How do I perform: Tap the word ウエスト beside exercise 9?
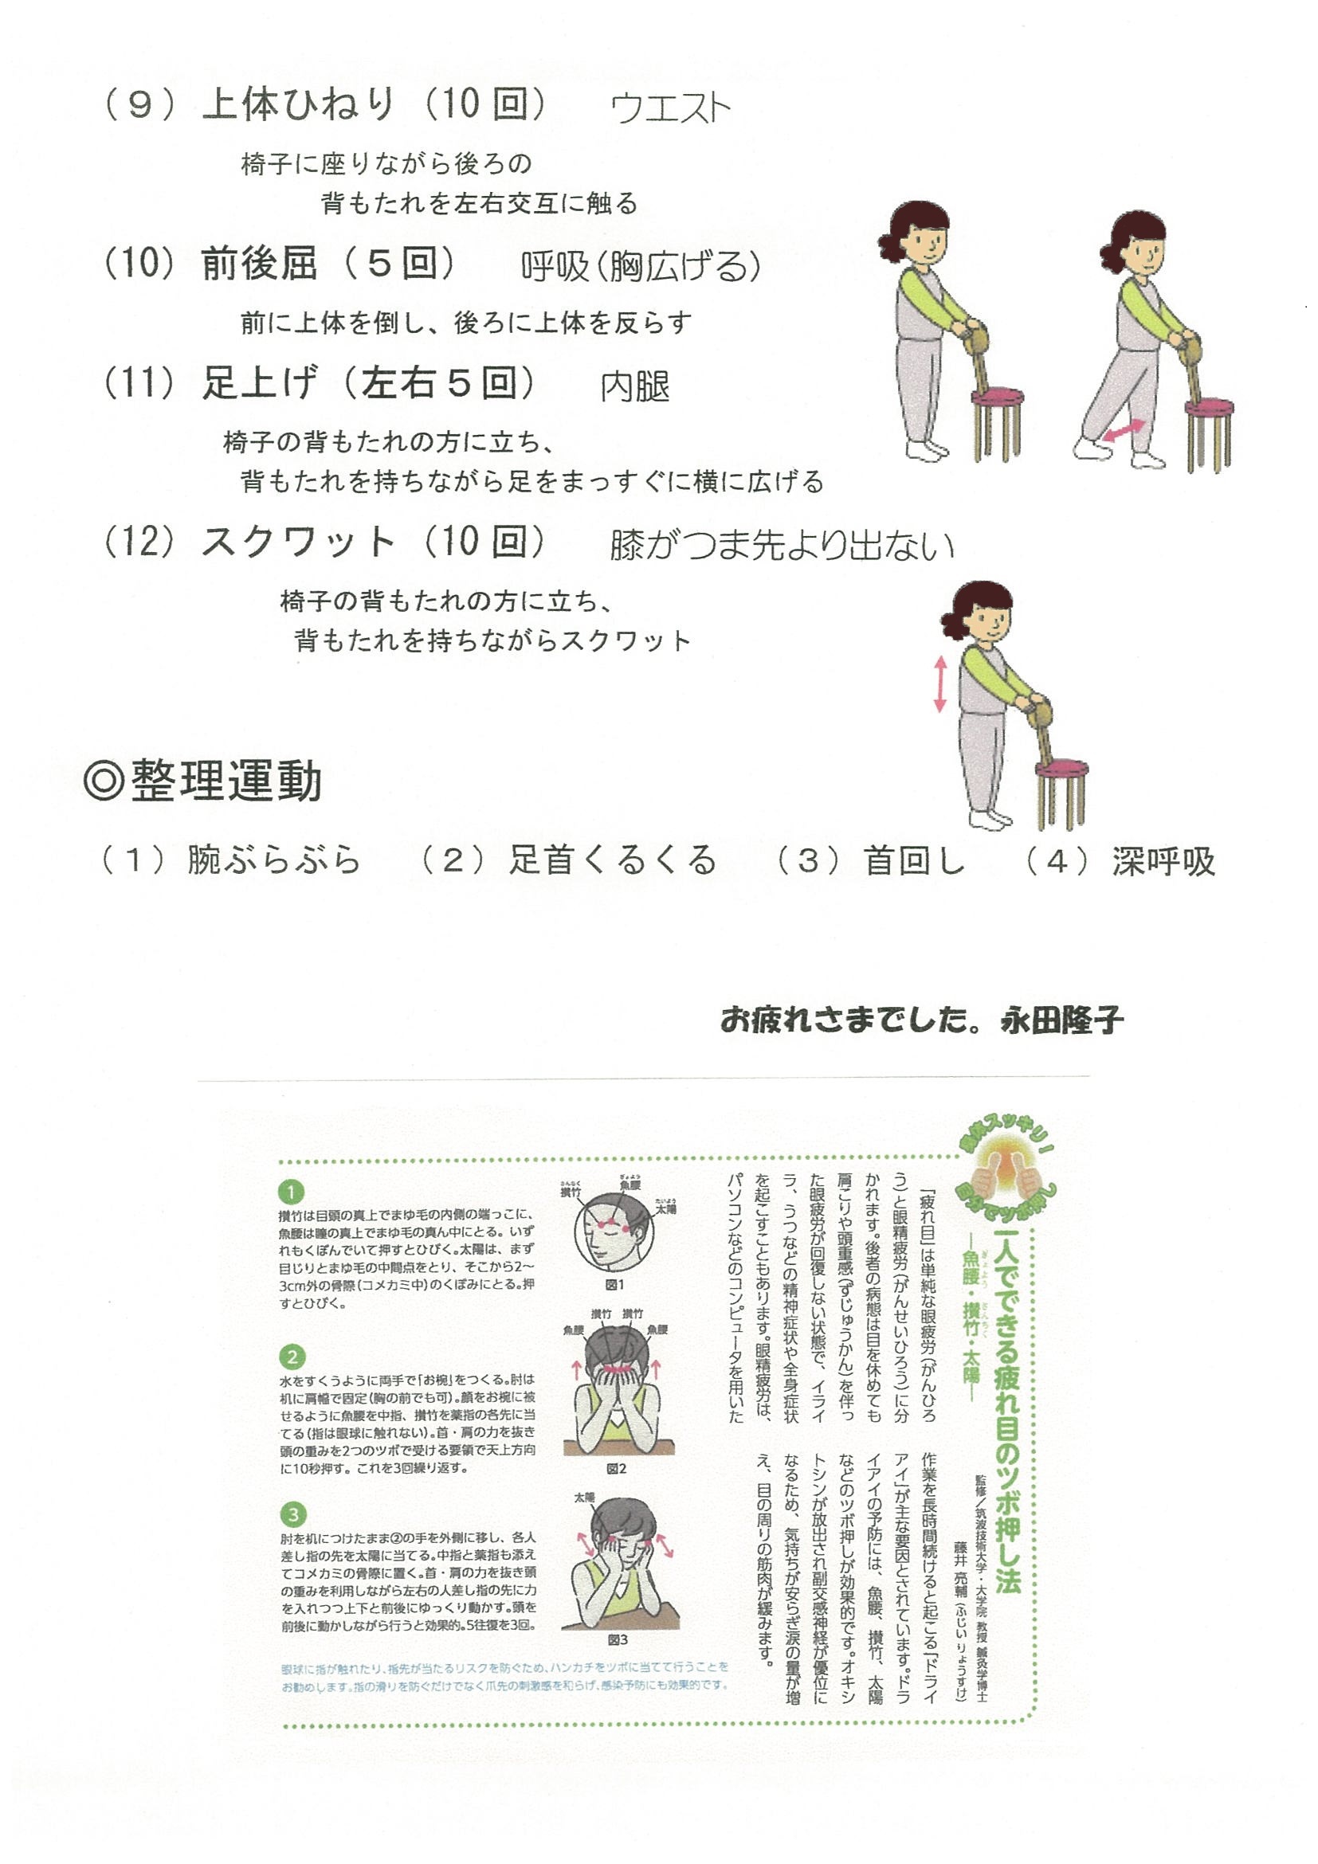(670, 109)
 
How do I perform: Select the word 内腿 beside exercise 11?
(635, 386)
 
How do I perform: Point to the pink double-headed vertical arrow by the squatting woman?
(940, 684)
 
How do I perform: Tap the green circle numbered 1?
(291, 1192)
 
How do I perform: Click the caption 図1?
(614, 1285)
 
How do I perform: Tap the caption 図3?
(618, 1640)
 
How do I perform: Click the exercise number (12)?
(139, 542)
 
